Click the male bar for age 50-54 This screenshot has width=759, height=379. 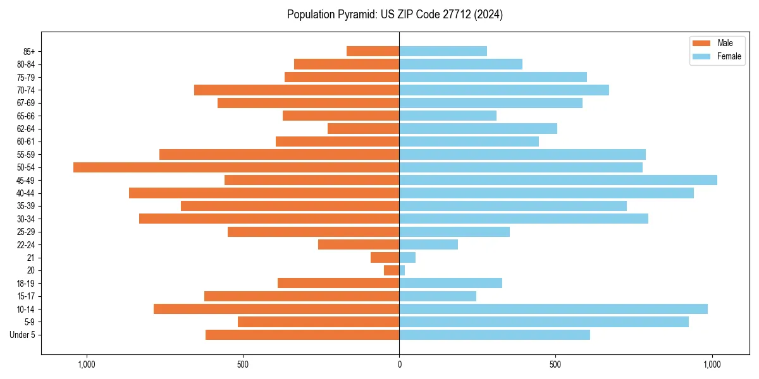pyautogui.click(x=236, y=167)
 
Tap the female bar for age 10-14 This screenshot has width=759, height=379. pyautogui.click(x=553, y=309)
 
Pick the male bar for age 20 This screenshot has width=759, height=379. pyautogui.click(x=392, y=270)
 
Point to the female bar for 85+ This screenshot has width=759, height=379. pyautogui.click(x=443, y=51)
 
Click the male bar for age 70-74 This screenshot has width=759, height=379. pyautogui.click(x=297, y=90)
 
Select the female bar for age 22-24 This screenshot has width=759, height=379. pyautogui.click(x=428, y=244)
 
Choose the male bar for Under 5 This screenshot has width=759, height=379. pyautogui.click(x=302, y=335)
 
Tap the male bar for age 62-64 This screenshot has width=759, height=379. pyautogui.click(x=363, y=129)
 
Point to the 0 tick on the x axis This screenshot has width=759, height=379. pyautogui.click(x=399, y=365)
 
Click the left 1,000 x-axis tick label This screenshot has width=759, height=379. pyautogui.click(x=86, y=365)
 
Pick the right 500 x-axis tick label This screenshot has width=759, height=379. pyautogui.click(x=555, y=365)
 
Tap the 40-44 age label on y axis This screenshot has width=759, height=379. pyautogui.click(x=25, y=193)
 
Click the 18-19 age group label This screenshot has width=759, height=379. pyautogui.click(x=25, y=284)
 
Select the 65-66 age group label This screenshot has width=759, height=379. pyautogui.click(x=25, y=116)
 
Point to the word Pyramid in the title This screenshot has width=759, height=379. pyautogui.click(x=357, y=15)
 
